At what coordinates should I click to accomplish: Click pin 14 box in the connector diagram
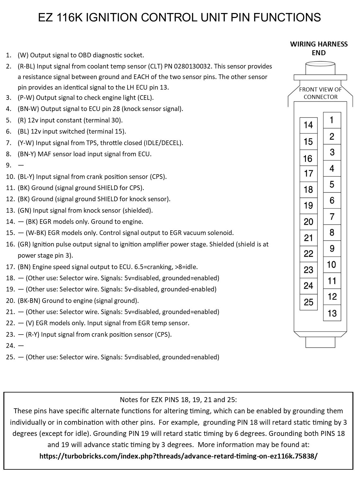point(308,125)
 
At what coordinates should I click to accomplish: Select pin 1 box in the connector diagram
point(332,120)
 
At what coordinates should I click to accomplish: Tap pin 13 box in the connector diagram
point(332,313)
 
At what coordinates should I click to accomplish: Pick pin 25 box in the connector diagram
point(308,302)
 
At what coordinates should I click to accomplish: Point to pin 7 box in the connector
point(332,216)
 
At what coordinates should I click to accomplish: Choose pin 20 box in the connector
point(308,222)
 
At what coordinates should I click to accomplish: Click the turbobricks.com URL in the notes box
point(179,456)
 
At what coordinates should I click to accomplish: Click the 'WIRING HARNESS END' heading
point(319,48)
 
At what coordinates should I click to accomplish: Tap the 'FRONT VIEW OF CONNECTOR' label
point(320,93)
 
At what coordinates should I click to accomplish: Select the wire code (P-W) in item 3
point(26,98)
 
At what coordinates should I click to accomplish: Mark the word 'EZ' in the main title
point(47,17)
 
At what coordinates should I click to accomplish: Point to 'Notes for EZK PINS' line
point(178,400)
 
